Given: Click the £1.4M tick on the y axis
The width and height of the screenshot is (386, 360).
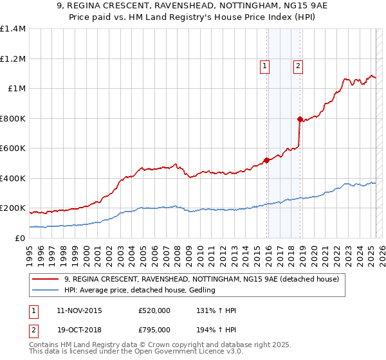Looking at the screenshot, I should [13, 29].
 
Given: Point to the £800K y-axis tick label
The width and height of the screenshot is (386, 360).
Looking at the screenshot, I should [13, 118].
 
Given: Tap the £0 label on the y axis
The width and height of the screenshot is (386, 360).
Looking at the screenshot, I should [20, 238].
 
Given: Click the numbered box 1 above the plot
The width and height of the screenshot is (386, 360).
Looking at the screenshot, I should [264, 65].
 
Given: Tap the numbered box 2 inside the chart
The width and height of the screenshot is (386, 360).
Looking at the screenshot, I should [299, 65].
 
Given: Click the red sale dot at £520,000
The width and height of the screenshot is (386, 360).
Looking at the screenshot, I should [266, 161].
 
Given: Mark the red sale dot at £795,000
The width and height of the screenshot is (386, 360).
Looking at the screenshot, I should [299, 119].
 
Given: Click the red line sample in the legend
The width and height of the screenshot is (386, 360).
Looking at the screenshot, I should [46, 279].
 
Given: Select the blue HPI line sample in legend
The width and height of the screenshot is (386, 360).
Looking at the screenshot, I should [46, 291].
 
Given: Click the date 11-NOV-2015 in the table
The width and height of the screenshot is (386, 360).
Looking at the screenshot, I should [79, 311].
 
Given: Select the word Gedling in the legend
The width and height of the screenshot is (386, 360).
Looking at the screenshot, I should [201, 291].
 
